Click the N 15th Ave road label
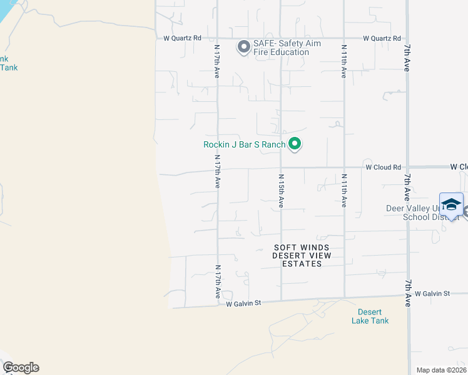pos(281,191)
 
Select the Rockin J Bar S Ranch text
pos(244,145)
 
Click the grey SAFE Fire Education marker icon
pos(243,47)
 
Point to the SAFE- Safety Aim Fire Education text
pos(282,48)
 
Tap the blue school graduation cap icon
pos(451,204)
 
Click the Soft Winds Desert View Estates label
pos(302,256)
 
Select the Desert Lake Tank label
pos(373,316)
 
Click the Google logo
pos(21,367)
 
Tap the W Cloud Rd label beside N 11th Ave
pos(383,167)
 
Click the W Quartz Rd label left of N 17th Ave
pos(182,38)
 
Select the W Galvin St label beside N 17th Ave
pos(243,304)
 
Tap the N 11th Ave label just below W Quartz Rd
pos(343,61)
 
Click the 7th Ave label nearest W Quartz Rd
pos(407,57)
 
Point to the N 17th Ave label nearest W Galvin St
pos(218,281)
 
